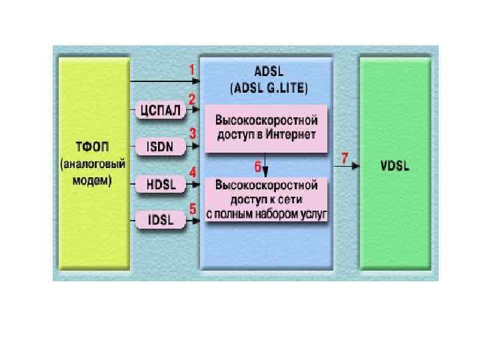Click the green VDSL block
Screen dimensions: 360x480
click(395, 163)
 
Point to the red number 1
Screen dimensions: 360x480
click(192, 69)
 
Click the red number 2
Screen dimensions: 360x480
click(192, 99)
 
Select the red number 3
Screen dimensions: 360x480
click(192, 133)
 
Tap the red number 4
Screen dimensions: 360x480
click(192, 172)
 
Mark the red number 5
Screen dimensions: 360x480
click(192, 208)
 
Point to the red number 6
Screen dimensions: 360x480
click(257, 165)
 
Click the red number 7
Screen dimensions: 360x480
click(344, 158)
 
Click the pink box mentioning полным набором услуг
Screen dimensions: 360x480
click(266, 199)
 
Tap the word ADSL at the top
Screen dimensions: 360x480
click(268, 73)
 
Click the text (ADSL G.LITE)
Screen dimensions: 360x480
click(268, 87)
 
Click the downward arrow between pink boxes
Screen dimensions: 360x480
click(266, 165)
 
